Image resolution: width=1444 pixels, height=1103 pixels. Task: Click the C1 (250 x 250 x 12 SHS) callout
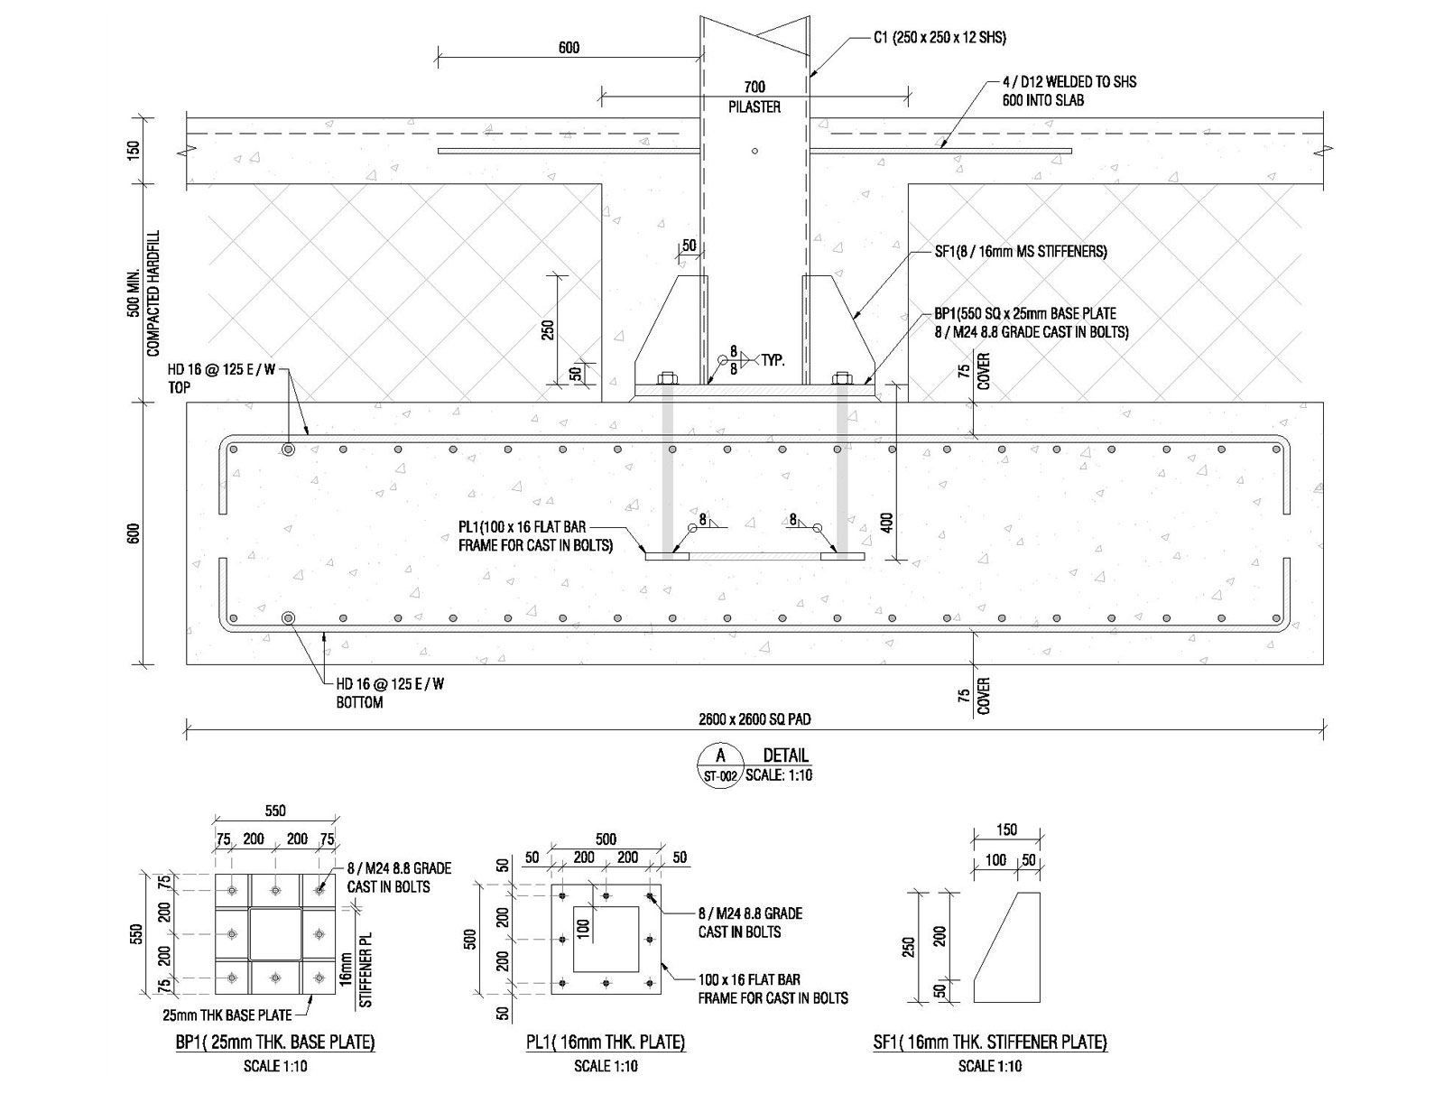click(940, 38)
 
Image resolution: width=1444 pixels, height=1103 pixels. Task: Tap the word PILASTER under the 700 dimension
click(754, 107)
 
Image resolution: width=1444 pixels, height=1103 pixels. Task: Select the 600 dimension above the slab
click(569, 47)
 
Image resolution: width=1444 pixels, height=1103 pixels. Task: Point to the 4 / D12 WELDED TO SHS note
click(1069, 82)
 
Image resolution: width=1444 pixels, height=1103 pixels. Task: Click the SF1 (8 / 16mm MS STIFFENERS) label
click(1021, 252)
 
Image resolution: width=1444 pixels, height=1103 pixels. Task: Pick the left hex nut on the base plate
click(665, 378)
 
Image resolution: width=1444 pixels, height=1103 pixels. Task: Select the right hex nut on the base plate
click(841, 378)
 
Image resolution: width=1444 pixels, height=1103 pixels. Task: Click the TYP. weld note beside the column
click(773, 360)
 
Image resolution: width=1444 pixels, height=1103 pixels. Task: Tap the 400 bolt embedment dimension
click(886, 523)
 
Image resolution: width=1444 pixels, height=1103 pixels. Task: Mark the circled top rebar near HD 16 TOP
click(288, 450)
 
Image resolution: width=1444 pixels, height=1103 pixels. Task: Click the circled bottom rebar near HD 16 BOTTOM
click(288, 618)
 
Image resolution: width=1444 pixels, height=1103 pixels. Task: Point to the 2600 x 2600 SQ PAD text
click(754, 719)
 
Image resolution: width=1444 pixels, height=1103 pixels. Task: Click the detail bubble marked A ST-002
click(720, 765)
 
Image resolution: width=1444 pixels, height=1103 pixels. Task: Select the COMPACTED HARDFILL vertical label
click(153, 292)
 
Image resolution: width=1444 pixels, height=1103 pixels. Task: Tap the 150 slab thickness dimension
click(134, 151)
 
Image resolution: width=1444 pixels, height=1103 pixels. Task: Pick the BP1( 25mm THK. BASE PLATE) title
click(275, 1043)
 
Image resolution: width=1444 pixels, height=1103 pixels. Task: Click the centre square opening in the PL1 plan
click(606, 939)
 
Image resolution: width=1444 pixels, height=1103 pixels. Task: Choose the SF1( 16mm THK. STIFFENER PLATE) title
click(990, 1043)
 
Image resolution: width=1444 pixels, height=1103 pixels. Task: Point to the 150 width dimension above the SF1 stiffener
click(1006, 830)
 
